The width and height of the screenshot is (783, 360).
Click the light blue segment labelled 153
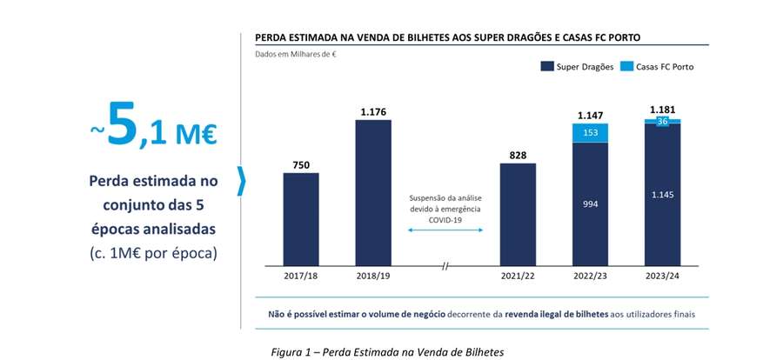coord(590,132)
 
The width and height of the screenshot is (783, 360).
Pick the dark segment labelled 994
coord(590,202)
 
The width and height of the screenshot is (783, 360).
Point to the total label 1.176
coord(373,111)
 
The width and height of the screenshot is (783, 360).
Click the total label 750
coord(300,164)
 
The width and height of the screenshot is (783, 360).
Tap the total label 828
coord(518,155)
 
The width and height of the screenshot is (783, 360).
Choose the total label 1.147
coord(590,115)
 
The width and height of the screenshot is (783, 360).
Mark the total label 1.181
coord(661,110)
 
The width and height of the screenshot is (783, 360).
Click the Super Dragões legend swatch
coord(547,67)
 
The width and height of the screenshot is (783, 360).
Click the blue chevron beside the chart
coord(242,182)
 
